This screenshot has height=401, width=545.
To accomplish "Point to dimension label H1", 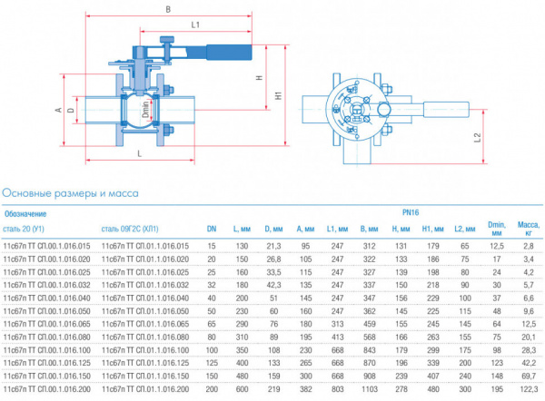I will (x=278, y=95).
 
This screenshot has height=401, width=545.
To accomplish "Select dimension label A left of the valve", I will (x=57, y=111).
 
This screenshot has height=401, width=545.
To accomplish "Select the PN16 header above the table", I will (x=411, y=213).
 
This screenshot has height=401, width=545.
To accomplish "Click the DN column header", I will (x=211, y=229).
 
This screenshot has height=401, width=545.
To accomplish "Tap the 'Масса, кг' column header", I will (x=527, y=229).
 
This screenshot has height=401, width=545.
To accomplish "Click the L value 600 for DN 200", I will (x=242, y=388).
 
